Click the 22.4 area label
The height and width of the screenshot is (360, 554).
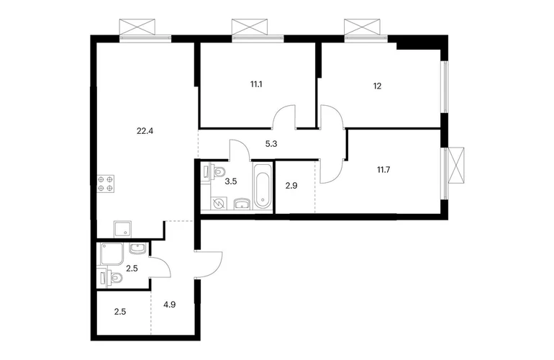[145, 131]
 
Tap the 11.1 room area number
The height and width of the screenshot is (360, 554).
[256, 84]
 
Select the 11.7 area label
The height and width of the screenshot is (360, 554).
[383, 170]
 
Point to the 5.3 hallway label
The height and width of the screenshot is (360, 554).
[271, 144]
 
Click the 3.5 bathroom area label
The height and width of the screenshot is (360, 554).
[231, 181]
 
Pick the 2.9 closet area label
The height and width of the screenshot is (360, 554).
[291, 186]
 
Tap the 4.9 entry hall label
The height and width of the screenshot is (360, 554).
[170, 305]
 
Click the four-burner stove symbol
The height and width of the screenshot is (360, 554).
[106, 184]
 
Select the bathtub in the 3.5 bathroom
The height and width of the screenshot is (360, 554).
[263, 186]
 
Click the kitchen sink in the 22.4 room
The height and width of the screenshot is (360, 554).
[122, 230]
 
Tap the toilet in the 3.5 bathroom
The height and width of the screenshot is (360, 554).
[216, 172]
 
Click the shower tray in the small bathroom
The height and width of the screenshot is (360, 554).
[112, 254]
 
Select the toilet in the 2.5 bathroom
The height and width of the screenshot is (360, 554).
[112, 277]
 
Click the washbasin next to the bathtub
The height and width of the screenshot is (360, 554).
[242, 203]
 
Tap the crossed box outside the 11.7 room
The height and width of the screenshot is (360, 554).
[455, 166]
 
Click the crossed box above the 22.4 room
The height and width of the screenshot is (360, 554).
[137, 27]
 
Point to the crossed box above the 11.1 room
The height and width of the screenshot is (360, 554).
[250, 27]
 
